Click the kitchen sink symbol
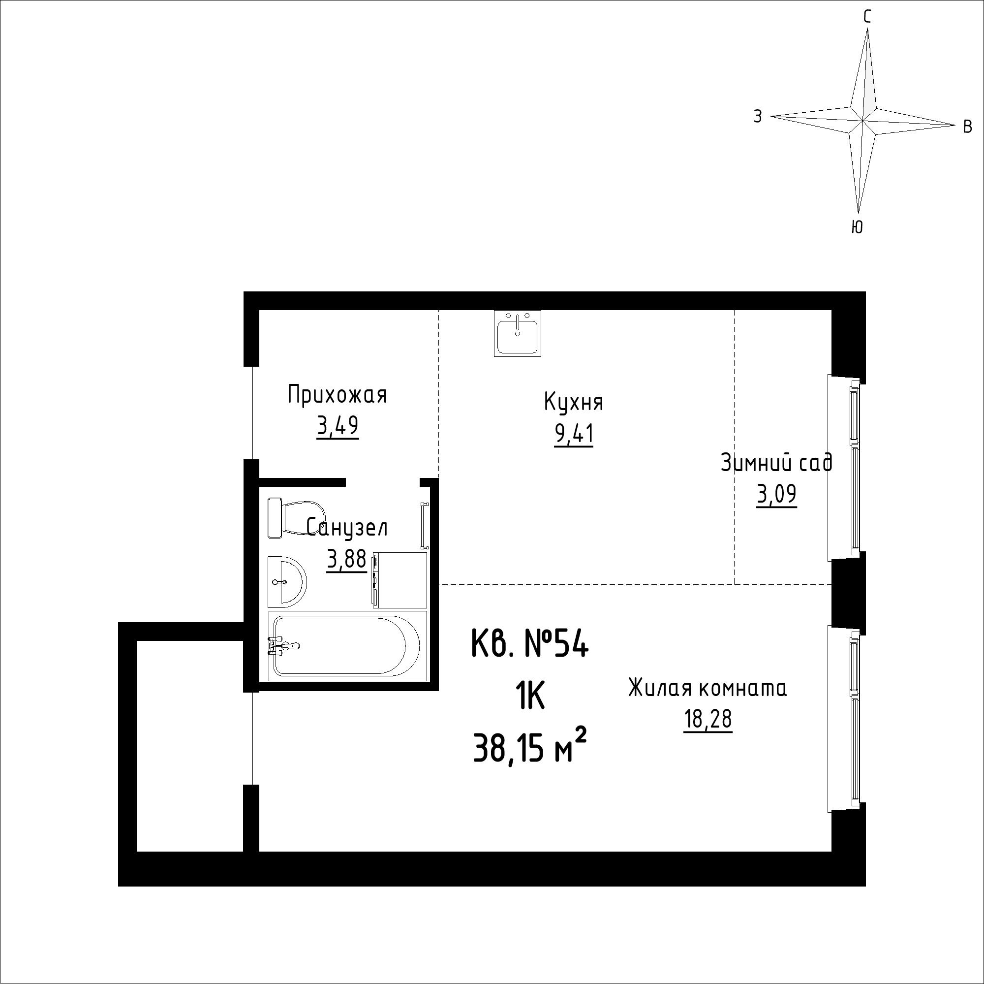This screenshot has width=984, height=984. tap(517, 333)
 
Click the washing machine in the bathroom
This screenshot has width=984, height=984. tap(400, 580)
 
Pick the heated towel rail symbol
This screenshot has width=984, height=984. tap(424, 525)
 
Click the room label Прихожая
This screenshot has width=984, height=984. tap(337, 395)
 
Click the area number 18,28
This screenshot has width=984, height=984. tap(707, 719)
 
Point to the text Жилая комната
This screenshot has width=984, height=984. tap(707, 688)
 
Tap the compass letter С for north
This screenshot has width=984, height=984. tap(867, 17)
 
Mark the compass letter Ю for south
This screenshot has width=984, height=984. tap(857, 227)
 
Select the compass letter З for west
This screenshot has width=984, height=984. tap(758, 117)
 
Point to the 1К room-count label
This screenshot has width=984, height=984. tap(530, 697)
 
